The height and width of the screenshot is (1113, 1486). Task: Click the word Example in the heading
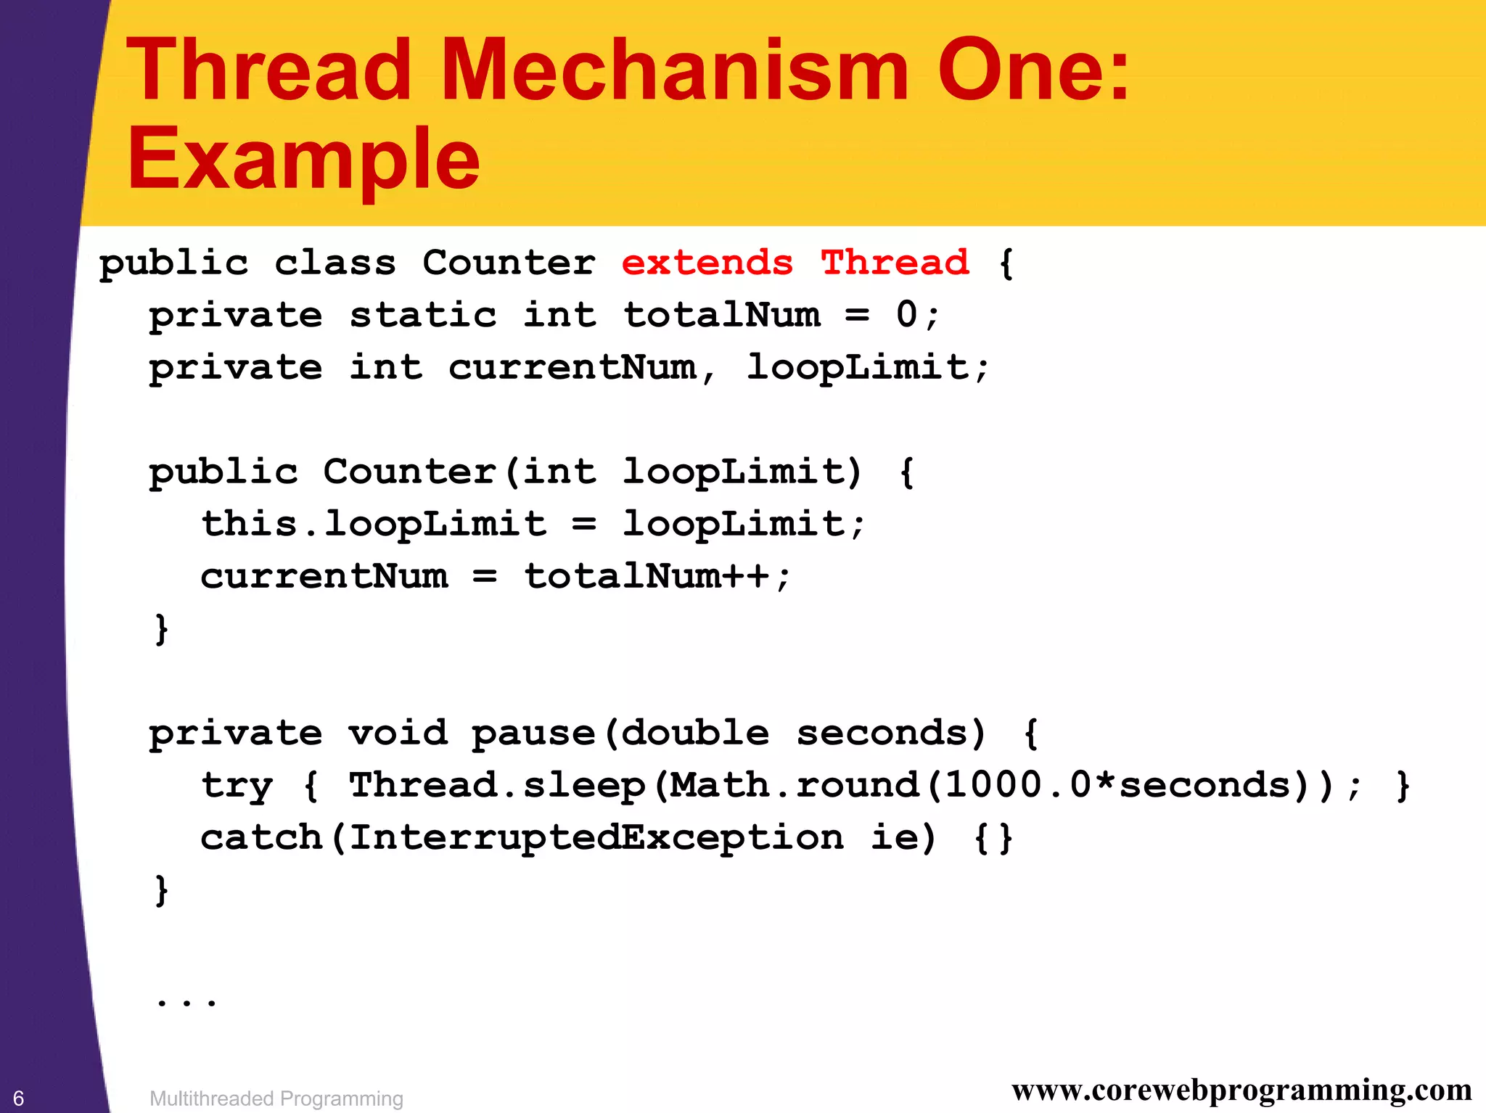pos(303,158)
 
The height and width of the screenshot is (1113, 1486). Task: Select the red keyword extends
pos(707,263)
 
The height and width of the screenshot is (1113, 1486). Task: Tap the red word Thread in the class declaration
pos(895,263)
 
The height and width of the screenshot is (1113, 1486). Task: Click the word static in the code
pos(423,315)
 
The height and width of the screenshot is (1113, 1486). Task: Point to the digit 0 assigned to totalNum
pos(906,315)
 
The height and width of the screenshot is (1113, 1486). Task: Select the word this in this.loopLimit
pos(249,524)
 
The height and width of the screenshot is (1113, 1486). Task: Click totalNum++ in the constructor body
pos(646,577)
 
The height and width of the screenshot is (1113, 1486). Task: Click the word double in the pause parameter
pos(695,733)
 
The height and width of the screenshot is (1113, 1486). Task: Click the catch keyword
pos(261,838)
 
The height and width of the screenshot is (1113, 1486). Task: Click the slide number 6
pos(19,1098)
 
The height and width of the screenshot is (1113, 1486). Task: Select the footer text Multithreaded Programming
pos(276,1098)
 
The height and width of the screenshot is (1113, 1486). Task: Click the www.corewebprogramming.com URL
pos(1241,1090)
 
